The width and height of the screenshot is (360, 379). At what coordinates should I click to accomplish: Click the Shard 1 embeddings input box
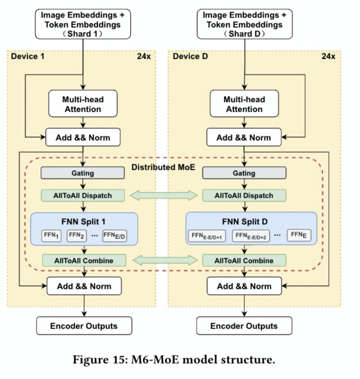83,24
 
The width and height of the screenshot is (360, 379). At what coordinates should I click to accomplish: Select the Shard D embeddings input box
245,24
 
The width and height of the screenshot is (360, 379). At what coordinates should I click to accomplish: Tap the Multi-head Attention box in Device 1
83,104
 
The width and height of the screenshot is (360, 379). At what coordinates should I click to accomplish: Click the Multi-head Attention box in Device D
244,104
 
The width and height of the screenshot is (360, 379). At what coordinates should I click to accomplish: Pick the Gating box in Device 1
83,173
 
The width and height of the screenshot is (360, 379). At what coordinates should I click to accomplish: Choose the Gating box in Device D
244,173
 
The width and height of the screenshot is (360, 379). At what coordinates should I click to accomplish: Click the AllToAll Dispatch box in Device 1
83,195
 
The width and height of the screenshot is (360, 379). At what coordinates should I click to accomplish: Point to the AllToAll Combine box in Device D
244,260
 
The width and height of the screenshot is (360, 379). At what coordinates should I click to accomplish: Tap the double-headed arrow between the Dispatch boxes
164,195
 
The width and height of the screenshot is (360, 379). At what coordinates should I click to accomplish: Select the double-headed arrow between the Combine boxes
165,260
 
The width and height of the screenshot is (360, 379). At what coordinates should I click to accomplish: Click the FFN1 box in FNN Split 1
51,236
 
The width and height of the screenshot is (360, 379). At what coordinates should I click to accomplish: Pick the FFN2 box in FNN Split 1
76,236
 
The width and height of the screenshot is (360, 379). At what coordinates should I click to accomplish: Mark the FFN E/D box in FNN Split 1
114,236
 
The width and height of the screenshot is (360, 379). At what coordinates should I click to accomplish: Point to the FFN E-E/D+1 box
207,236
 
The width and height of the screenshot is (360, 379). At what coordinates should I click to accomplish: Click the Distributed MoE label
163,167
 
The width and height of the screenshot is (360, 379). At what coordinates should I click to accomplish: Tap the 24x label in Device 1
144,56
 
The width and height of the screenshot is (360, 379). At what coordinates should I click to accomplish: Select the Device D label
190,56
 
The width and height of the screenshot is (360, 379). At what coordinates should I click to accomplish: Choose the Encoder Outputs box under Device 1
84,326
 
